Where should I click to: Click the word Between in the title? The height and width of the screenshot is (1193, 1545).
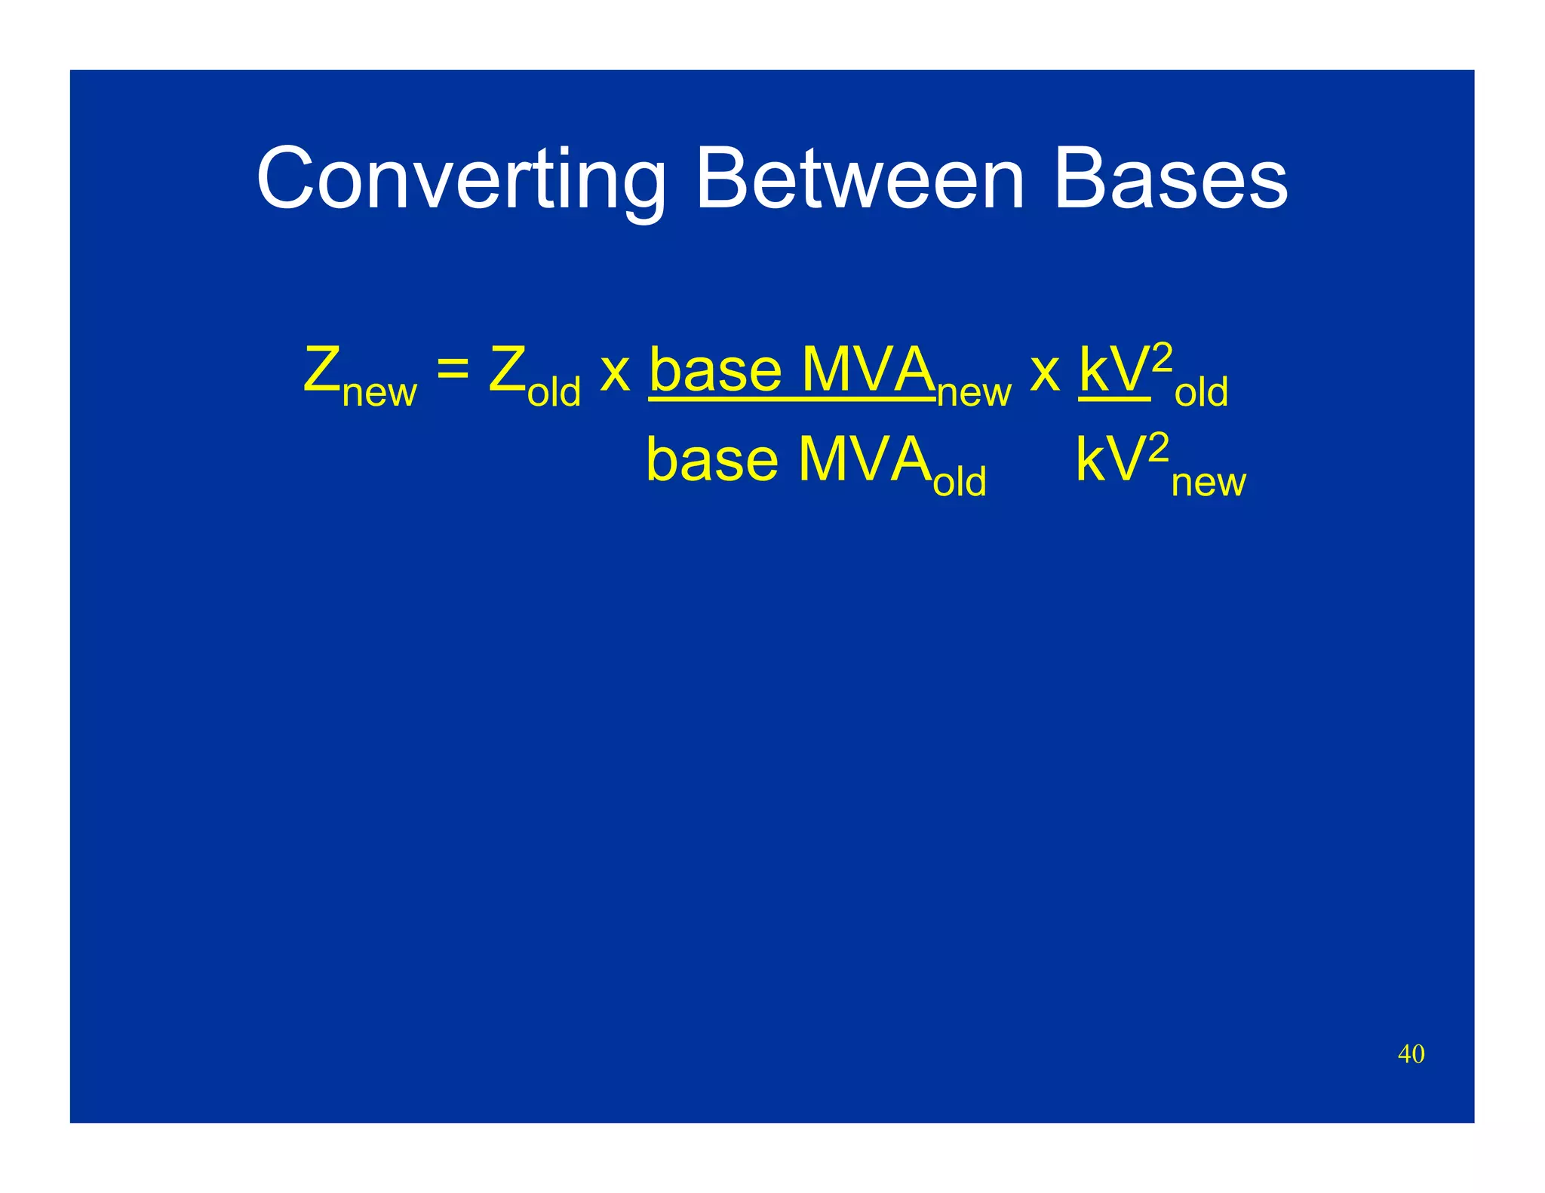859,179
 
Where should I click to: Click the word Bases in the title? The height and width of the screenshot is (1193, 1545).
1170,179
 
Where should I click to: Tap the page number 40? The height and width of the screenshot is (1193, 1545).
1411,1053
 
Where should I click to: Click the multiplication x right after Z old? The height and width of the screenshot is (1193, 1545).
615,372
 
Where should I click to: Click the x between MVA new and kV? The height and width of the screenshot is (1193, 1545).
1045,372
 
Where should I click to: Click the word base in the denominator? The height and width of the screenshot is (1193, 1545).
712,460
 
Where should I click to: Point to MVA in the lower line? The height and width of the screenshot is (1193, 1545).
864,460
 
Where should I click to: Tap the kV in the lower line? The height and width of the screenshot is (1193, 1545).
1110,460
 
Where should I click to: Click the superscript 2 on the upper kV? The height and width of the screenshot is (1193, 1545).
1163,357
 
